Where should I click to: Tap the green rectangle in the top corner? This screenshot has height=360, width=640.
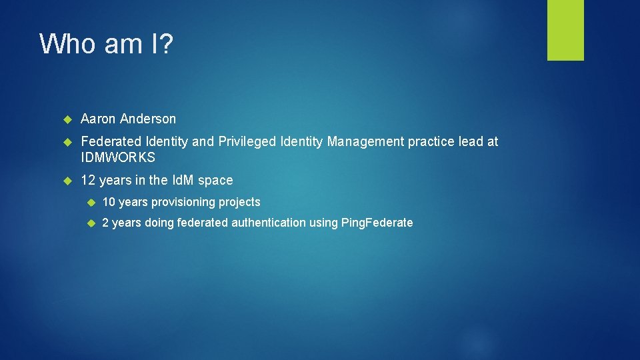565,30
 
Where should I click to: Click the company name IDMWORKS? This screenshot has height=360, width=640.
118,158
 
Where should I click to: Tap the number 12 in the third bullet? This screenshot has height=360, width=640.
88,181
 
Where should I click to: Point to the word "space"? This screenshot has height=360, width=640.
216,181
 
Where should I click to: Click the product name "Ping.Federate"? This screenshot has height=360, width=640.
377,223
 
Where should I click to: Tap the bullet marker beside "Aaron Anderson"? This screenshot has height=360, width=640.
67,119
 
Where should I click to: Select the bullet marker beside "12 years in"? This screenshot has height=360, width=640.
67,181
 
